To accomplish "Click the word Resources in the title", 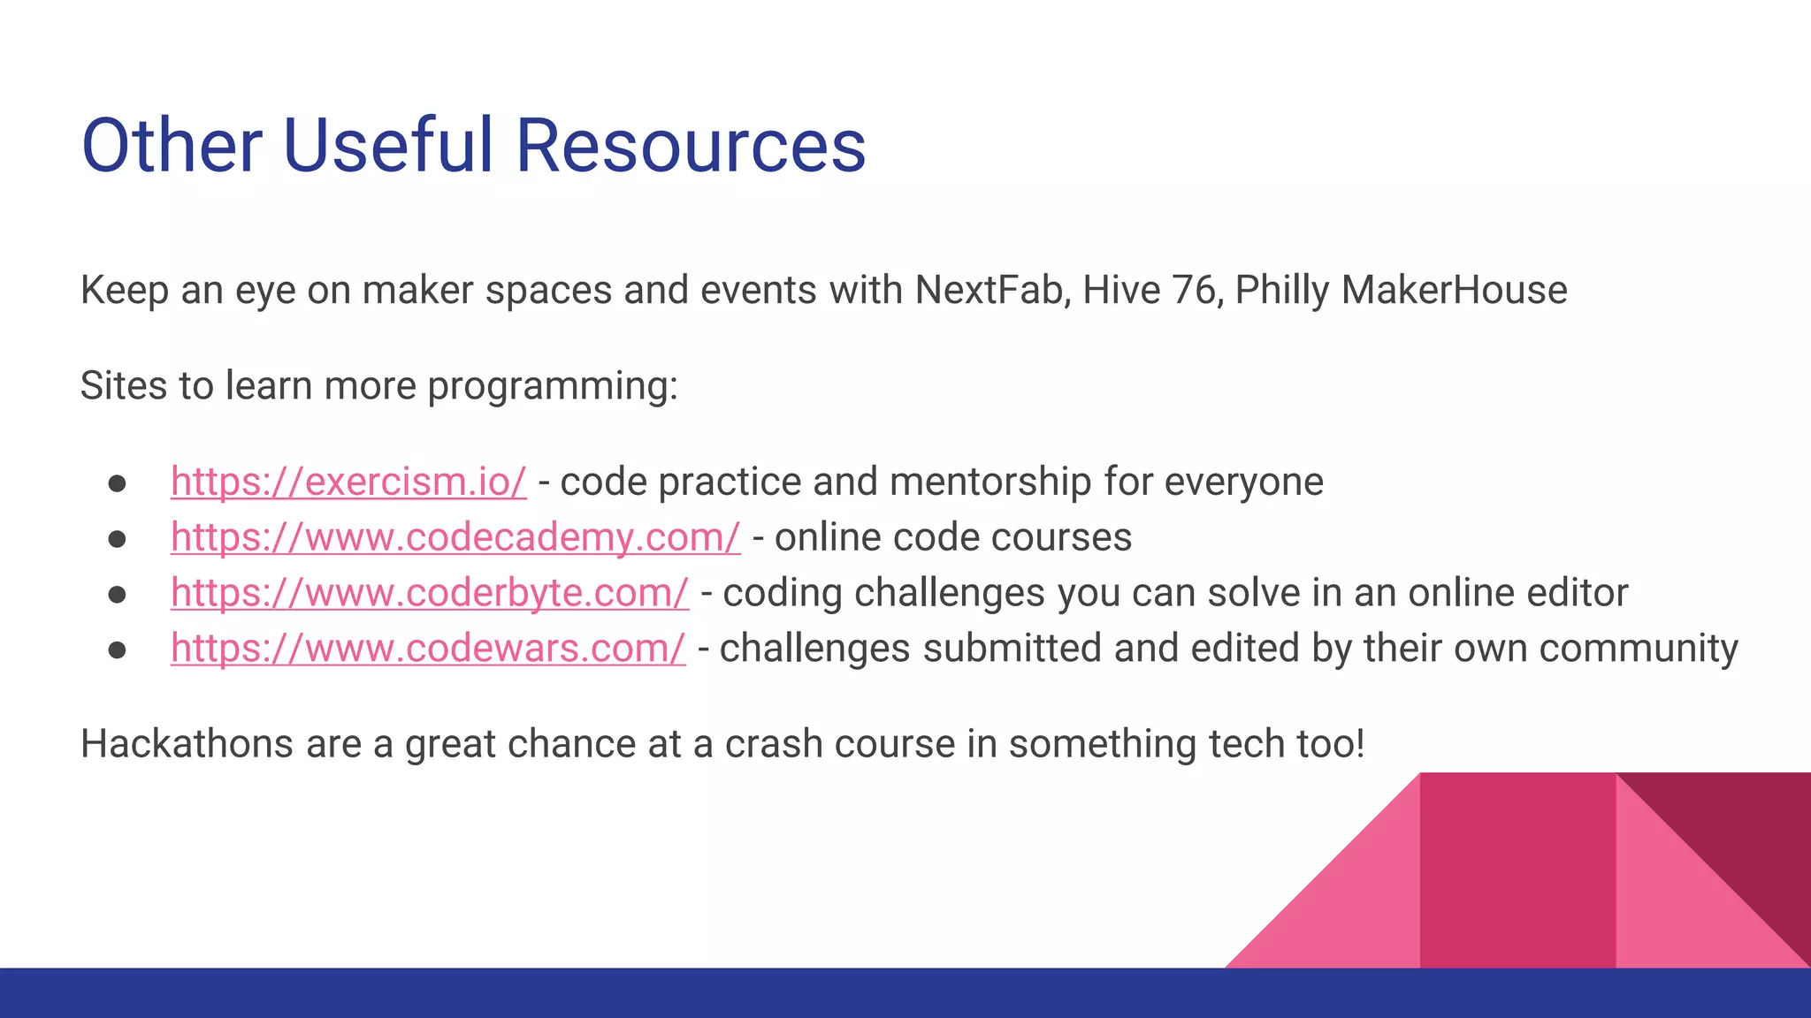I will tap(690, 146).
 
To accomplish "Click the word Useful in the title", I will tap(387, 146).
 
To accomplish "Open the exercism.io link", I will tap(348, 482).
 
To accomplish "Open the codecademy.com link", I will tap(455, 538).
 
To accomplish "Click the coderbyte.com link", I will tap(429, 594).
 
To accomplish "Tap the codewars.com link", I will tap(428, 650).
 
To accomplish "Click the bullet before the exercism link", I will tap(118, 483).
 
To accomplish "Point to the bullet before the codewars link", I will tap(118, 650).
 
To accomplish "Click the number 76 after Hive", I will tap(1196, 291).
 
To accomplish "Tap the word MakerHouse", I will tap(1454, 291).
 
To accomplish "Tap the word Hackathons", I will tap(187, 744).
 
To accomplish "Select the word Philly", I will tap(1281, 291).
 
